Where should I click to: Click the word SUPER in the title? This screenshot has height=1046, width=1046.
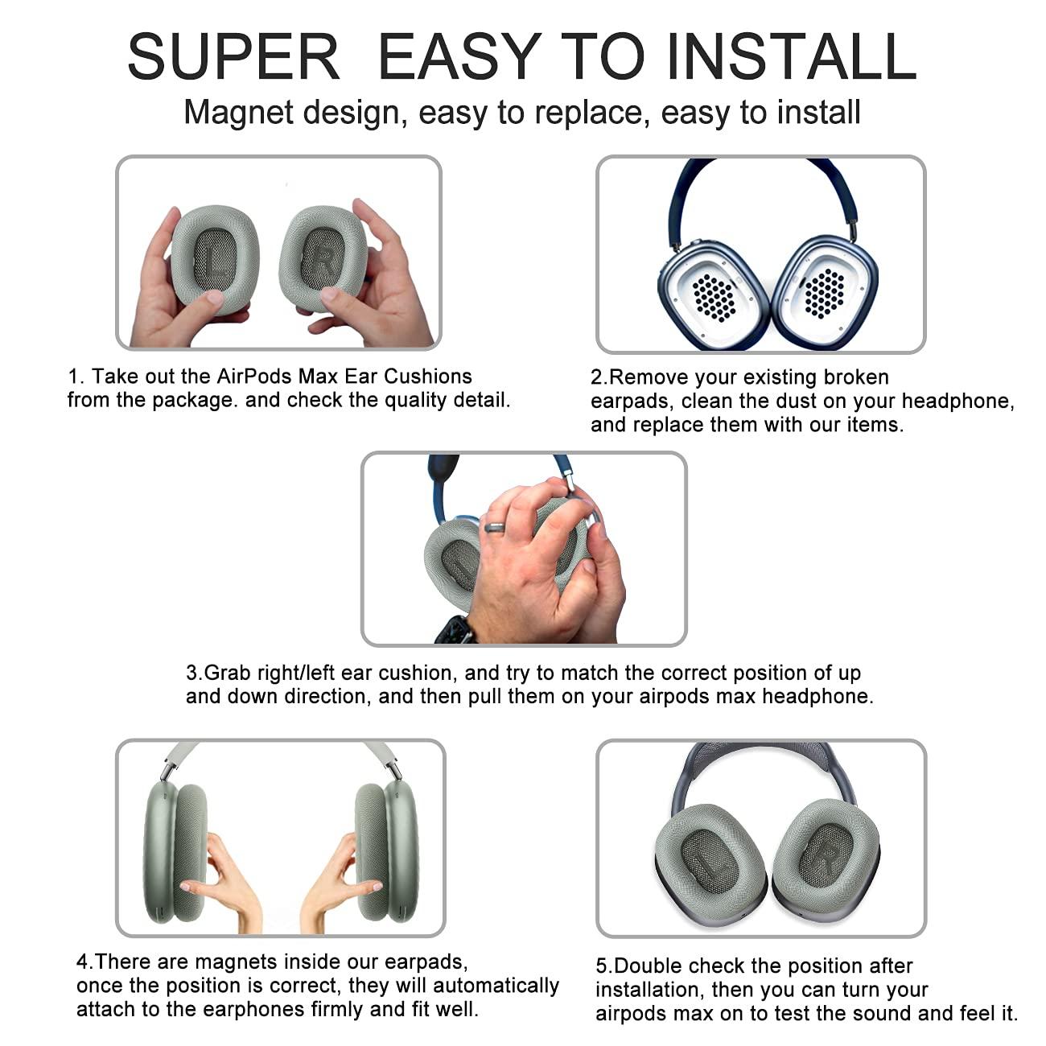(233, 56)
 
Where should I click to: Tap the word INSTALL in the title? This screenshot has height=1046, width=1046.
(792, 56)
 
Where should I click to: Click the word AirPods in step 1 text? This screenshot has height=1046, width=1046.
(254, 376)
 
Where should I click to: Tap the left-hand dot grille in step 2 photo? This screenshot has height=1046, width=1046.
(714, 297)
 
